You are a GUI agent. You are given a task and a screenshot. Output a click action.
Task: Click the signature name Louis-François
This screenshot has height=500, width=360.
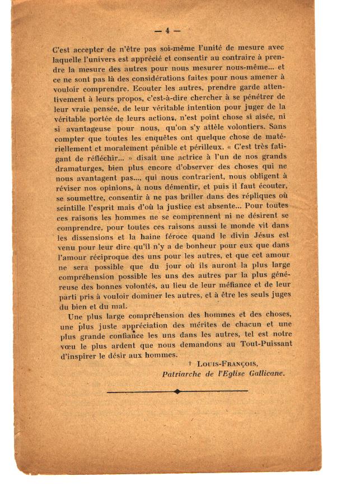(x=229, y=364)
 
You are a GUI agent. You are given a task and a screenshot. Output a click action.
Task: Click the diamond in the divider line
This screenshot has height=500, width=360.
(x=177, y=391)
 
